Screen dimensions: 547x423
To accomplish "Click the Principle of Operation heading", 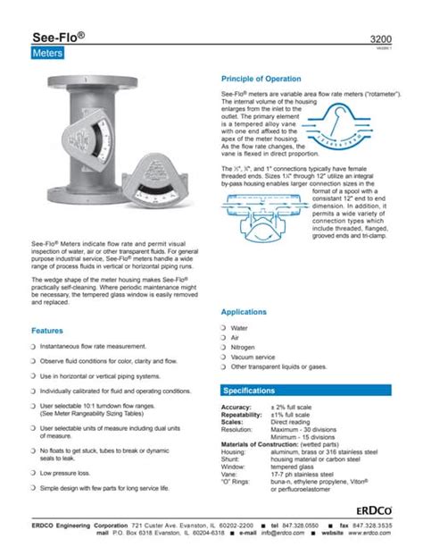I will (x=267, y=79).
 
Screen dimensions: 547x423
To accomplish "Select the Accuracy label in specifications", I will (x=236, y=407).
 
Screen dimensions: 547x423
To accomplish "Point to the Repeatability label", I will (x=242, y=415).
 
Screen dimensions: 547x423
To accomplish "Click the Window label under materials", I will (x=233, y=466).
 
